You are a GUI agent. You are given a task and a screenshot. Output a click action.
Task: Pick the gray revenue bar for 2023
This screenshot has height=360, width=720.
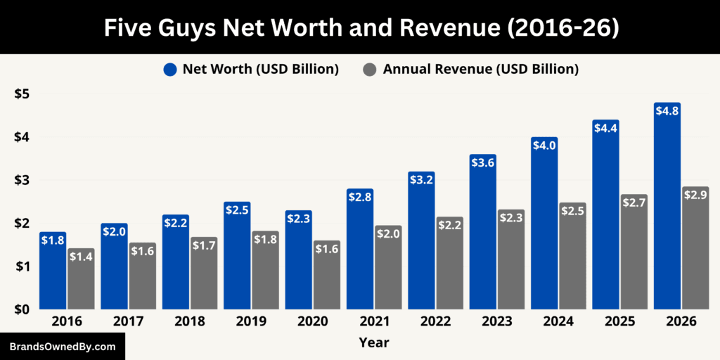pyautogui.click(x=511, y=260)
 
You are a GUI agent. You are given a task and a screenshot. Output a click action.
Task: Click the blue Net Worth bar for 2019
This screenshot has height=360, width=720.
pyautogui.click(x=237, y=256)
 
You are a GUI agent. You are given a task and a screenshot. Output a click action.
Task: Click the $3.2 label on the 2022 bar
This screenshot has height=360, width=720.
pyautogui.click(x=421, y=179)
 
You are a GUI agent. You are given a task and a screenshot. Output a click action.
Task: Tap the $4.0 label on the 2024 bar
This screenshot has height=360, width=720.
pyautogui.click(x=544, y=145)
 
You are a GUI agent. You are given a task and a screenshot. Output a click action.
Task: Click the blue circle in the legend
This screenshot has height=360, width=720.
pyautogui.click(x=169, y=69)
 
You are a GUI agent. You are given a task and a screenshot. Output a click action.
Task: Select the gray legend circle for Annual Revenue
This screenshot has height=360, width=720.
pyautogui.click(x=370, y=69)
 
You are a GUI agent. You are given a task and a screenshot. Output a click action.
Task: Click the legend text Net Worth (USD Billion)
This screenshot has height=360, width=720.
pyautogui.click(x=260, y=69)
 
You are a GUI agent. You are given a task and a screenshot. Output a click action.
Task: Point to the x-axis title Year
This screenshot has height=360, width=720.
pyautogui.click(x=373, y=342)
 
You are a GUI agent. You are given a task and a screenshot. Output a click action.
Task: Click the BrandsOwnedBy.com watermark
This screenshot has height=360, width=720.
pyautogui.click(x=62, y=347)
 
